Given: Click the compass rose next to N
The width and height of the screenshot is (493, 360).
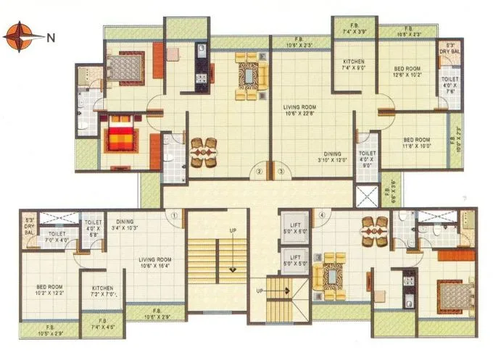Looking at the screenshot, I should (20, 35).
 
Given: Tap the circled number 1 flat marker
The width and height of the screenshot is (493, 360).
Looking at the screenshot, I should (175, 214).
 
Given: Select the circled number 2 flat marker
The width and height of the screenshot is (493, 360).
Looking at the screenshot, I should (258, 172).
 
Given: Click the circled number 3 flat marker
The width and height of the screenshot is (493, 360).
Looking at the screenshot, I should (281, 172).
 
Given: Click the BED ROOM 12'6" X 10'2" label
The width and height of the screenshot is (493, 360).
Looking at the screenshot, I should (407, 70).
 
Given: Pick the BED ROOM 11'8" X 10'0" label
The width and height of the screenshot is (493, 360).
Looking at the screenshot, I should (417, 142).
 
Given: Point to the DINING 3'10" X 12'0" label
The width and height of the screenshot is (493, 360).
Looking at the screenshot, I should (333, 157).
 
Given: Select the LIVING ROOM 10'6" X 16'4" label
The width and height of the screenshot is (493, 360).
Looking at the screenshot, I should (156, 263).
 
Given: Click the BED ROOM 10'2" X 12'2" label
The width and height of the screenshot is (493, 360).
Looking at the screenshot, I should (50, 290).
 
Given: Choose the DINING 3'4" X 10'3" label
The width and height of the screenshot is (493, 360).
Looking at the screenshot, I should (125, 225).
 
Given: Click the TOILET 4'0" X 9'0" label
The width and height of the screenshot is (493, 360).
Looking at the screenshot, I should (368, 159).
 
